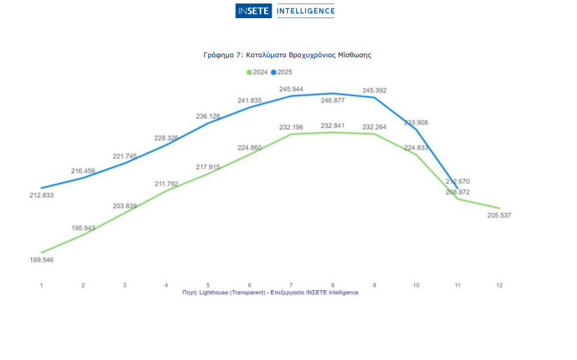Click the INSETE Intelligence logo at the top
(x=285, y=10)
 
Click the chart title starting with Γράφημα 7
(x=287, y=55)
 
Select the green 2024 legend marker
(x=249, y=72)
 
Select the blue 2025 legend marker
(x=274, y=72)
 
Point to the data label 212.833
(x=41, y=196)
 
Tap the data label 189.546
(x=41, y=260)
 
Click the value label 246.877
(x=333, y=101)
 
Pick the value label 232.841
(x=333, y=126)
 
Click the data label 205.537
(x=499, y=215)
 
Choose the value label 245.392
(x=374, y=91)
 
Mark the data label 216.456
(x=83, y=171)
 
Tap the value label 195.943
(x=83, y=229)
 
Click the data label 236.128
(x=208, y=116)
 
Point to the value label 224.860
(x=249, y=147)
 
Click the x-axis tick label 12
(x=499, y=285)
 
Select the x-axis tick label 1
(x=42, y=285)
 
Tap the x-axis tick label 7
(x=291, y=285)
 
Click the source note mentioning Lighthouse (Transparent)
(x=270, y=293)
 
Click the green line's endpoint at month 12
(x=499, y=208)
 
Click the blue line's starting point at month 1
(x=42, y=188)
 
